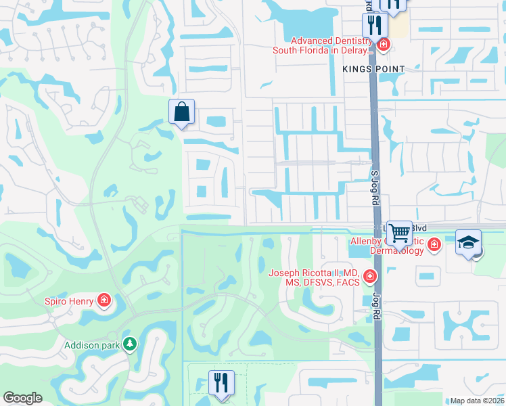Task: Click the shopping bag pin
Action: click(x=182, y=112)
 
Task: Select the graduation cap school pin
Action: click(x=468, y=243)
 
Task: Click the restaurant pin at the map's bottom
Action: click(x=221, y=382)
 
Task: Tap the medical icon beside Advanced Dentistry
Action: click(x=384, y=45)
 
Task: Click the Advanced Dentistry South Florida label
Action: click(x=323, y=45)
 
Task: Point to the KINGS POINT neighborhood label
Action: click(x=373, y=69)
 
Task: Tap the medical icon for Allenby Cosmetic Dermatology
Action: click(x=434, y=244)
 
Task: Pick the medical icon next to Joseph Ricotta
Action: click(x=369, y=275)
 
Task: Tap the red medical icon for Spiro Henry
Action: click(x=103, y=299)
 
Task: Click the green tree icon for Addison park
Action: click(x=129, y=344)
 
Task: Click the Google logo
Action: click(x=22, y=398)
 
